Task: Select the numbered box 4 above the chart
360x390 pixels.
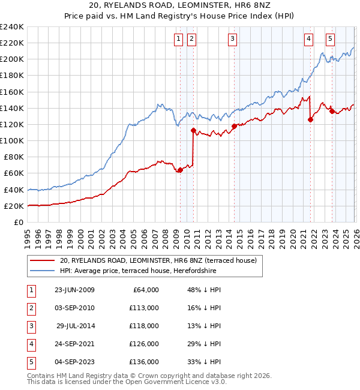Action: pyautogui.click(x=308, y=40)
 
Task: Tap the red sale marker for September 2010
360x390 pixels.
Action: pyautogui.click(x=193, y=130)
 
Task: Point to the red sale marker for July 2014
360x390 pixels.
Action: pyautogui.click(x=234, y=126)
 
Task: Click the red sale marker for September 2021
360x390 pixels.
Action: pyautogui.click(x=310, y=119)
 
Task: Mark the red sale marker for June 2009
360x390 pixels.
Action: pyautogui.click(x=180, y=170)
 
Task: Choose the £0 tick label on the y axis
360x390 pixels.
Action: pyautogui.click(x=19, y=222)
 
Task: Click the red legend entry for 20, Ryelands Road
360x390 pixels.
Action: pyautogui.click(x=158, y=260)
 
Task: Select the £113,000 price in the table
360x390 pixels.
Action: pyautogui.click(x=144, y=308)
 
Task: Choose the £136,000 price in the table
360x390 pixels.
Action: pyautogui.click(x=144, y=362)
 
